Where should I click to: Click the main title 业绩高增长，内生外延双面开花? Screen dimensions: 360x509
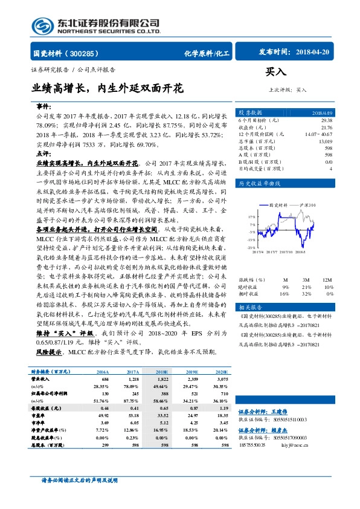[x=108, y=88]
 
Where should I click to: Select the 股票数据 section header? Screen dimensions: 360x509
[x=249, y=112]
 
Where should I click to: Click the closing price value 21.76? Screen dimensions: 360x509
[x=326, y=127]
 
